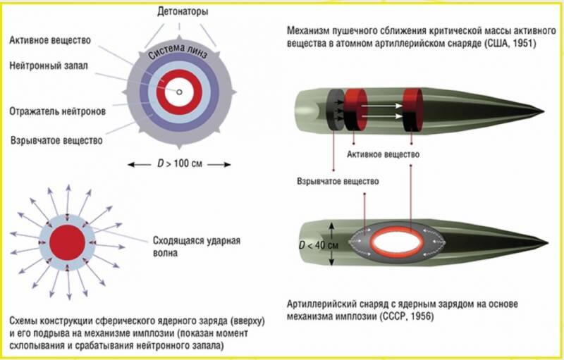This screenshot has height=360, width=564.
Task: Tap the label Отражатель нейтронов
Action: click(55, 111)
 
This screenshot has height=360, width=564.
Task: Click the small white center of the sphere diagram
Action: click(180, 92)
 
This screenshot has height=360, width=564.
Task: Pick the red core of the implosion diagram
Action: click(68, 239)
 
